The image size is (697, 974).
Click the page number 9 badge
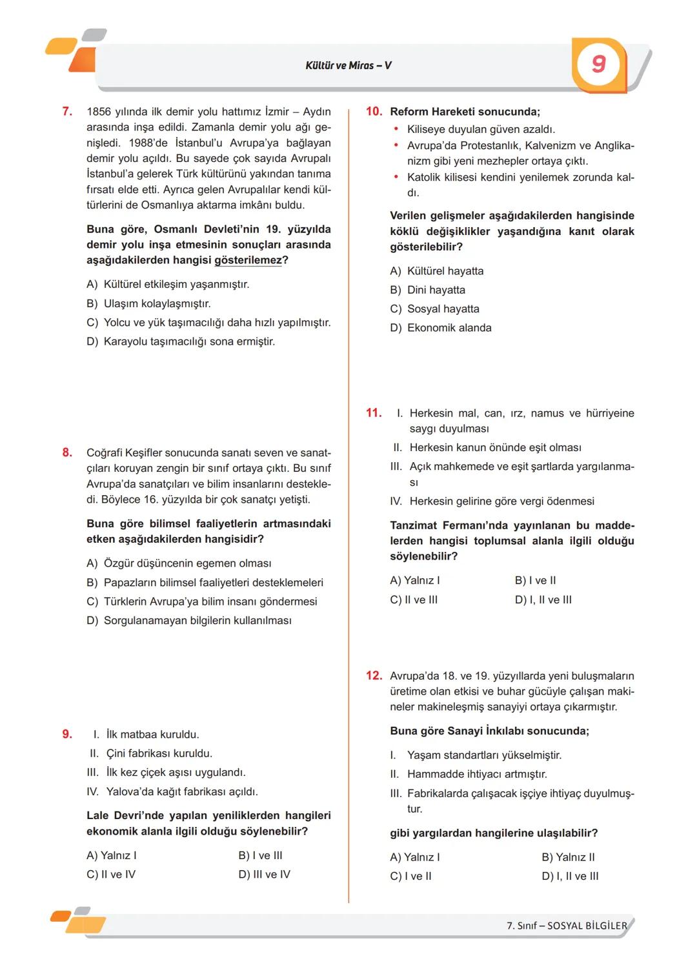[x=598, y=64]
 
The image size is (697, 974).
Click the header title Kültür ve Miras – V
[x=348, y=65]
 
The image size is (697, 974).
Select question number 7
[x=67, y=112]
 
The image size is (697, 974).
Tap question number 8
[x=67, y=452]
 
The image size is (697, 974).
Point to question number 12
[x=374, y=676]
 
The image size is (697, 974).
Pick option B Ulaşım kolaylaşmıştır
[x=148, y=303]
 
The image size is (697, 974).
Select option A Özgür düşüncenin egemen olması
[x=179, y=563]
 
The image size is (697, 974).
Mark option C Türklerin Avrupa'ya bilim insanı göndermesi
[x=202, y=602]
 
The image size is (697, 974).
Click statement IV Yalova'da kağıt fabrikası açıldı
[x=172, y=791]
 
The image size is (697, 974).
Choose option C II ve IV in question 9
[x=111, y=875]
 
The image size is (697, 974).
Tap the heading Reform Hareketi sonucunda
[x=465, y=112]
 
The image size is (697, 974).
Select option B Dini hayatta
[x=427, y=290]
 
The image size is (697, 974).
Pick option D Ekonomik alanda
[x=441, y=328]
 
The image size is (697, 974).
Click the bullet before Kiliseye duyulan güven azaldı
[x=396, y=130]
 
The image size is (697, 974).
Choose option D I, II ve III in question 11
[x=543, y=600]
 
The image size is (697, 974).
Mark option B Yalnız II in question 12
[x=568, y=857]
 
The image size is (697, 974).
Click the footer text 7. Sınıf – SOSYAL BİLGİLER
[x=567, y=926]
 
